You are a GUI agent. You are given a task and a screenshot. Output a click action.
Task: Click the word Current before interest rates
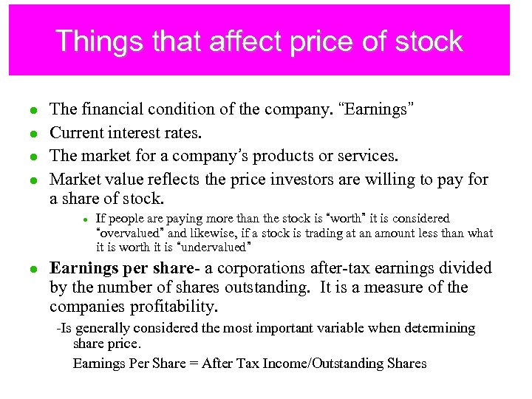pos(75,133)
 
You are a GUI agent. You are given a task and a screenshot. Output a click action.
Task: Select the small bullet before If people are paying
pos(86,219)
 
